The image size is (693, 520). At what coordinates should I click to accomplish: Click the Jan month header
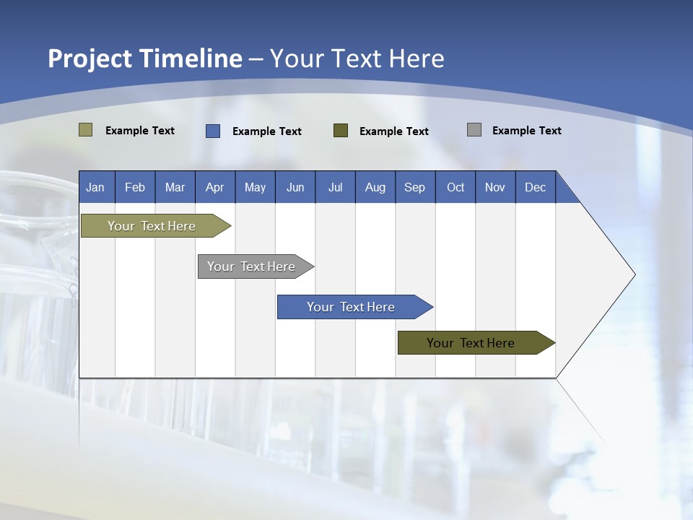(x=95, y=188)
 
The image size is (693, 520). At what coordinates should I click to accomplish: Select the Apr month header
(x=214, y=188)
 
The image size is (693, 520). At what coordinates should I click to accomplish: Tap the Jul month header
(x=335, y=188)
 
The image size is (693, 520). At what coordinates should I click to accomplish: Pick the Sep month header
(x=414, y=188)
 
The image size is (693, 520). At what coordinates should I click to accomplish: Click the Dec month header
(x=535, y=188)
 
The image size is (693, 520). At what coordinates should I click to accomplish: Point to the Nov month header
(x=494, y=188)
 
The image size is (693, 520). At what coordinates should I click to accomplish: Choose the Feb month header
(x=135, y=188)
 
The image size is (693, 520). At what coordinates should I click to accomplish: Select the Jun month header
(x=295, y=188)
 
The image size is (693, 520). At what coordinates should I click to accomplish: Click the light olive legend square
(x=85, y=130)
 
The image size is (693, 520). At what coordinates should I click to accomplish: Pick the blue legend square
(x=213, y=131)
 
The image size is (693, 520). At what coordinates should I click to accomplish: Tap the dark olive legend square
(x=341, y=130)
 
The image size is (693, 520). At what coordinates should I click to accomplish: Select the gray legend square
(x=474, y=130)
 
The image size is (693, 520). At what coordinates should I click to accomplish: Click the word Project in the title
(x=90, y=58)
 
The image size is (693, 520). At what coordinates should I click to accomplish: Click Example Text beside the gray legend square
(x=526, y=131)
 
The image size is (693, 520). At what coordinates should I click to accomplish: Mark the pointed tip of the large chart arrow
(x=635, y=274)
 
